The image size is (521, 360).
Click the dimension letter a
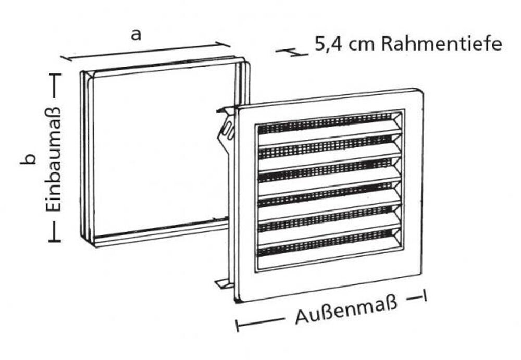click(x=136, y=35)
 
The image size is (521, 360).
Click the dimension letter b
click(x=30, y=158)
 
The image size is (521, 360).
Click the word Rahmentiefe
click(x=442, y=44)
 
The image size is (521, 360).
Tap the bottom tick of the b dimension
click(x=55, y=240)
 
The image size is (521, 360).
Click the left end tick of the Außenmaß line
click(x=238, y=326)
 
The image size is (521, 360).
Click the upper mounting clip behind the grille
click(x=226, y=128)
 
